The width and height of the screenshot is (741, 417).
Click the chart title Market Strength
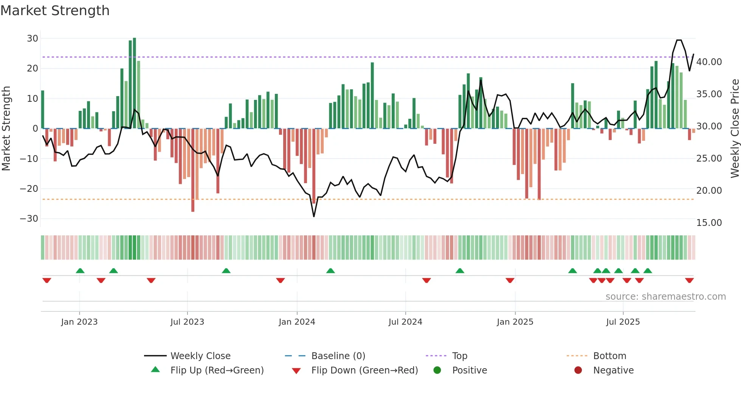[55, 11]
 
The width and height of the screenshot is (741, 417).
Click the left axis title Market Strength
[6, 128]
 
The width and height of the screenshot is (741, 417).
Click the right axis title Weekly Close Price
[735, 128]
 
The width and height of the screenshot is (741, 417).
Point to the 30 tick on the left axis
[33, 39]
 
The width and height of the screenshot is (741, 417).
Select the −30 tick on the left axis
[29, 219]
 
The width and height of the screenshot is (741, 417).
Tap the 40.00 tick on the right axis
[709, 62]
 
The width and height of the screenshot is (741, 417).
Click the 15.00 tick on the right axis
[709, 223]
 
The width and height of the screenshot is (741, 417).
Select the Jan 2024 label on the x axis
[297, 322]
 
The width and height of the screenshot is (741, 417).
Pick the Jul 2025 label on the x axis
[623, 322]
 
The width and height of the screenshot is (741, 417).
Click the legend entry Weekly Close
[200, 356]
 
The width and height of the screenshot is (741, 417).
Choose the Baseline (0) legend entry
[338, 356]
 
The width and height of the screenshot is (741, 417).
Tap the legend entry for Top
[459, 356]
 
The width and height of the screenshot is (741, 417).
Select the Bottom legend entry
[609, 356]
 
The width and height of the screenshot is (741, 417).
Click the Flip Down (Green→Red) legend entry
[364, 370]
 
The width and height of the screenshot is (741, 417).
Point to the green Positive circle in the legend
[437, 370]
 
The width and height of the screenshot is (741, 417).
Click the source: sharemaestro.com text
[665, 297]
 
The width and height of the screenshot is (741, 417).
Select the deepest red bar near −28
[193, 170]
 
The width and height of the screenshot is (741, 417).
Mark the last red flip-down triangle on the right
[689, 280]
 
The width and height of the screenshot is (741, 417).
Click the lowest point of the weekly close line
[314, 216]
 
